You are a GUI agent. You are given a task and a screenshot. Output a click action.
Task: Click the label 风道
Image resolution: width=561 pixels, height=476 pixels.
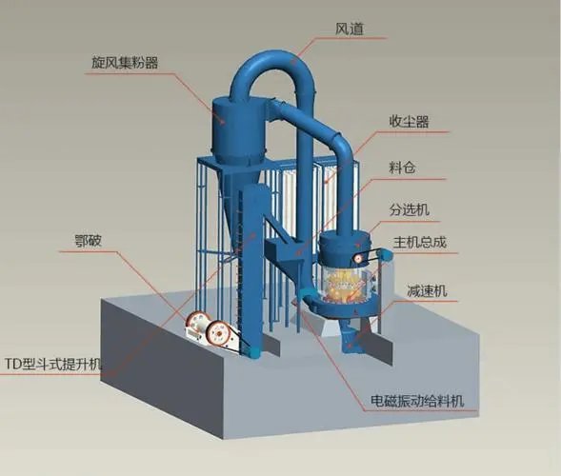[350, 29]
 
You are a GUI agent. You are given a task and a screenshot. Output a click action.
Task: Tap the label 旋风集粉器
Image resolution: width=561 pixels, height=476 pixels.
[125, 63]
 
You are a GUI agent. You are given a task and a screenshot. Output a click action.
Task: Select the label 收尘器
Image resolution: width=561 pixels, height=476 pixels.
[409, 122]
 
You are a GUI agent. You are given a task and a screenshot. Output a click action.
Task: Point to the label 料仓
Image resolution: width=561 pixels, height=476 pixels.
[402, 168]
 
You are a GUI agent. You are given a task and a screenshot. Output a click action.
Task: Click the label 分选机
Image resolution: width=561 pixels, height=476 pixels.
[410, 209]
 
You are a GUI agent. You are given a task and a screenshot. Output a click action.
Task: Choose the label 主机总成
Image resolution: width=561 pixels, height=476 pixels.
[420, 242]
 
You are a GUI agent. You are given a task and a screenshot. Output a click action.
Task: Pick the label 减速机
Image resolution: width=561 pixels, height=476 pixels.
[427, 290]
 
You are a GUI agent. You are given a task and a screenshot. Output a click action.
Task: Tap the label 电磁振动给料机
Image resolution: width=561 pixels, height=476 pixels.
[417, 401]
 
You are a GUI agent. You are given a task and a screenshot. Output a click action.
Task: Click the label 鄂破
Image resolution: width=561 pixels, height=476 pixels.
[88, 241]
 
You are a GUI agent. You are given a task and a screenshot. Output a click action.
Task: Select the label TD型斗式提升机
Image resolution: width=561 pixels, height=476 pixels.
[53, 364]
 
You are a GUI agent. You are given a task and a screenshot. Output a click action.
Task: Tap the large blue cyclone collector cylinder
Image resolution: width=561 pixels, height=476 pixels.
[239, 129]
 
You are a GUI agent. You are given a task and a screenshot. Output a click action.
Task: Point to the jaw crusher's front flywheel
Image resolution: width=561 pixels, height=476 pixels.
[219, 333]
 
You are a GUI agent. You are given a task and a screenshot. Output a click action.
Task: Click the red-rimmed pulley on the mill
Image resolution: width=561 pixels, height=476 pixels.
[358, 258]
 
